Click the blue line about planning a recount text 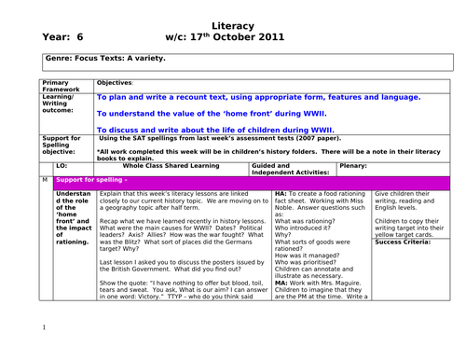[258, 96]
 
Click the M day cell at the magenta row [44, 179]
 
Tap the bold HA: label [281, 192]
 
